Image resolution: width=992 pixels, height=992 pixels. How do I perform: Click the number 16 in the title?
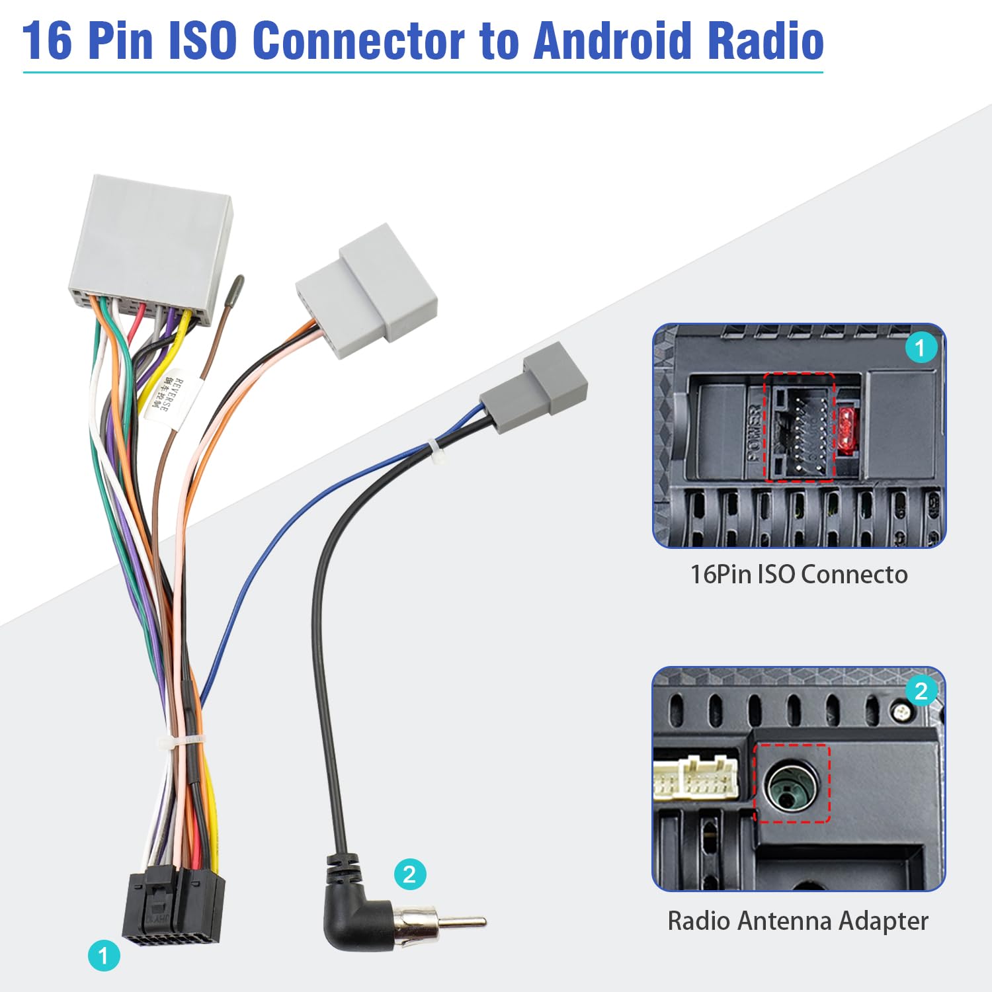pyautogui.click(x=47, y=41)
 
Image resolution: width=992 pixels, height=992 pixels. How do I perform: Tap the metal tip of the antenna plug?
pyautogui.click(x=463, y=921)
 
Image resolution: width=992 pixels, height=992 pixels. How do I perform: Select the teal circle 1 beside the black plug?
pyautogui.click(x=104, y=956)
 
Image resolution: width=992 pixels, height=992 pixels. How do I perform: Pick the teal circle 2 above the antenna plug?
pyautogui.click(x=409, y=874)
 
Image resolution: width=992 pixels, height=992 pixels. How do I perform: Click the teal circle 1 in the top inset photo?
pyautogui.click(x=920, y=347)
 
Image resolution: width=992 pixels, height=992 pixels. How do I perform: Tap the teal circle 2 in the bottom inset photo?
pyautogui.click(x=921, y=691)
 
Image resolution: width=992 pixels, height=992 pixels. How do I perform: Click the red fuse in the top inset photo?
pyautogui.click(x=846, y=429)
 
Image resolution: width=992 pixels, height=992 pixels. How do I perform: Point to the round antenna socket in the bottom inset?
pyautogui.click(x=791, y=786)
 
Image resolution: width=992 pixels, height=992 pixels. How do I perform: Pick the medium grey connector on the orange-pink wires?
pyautogui.click(x=366, y=292)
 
